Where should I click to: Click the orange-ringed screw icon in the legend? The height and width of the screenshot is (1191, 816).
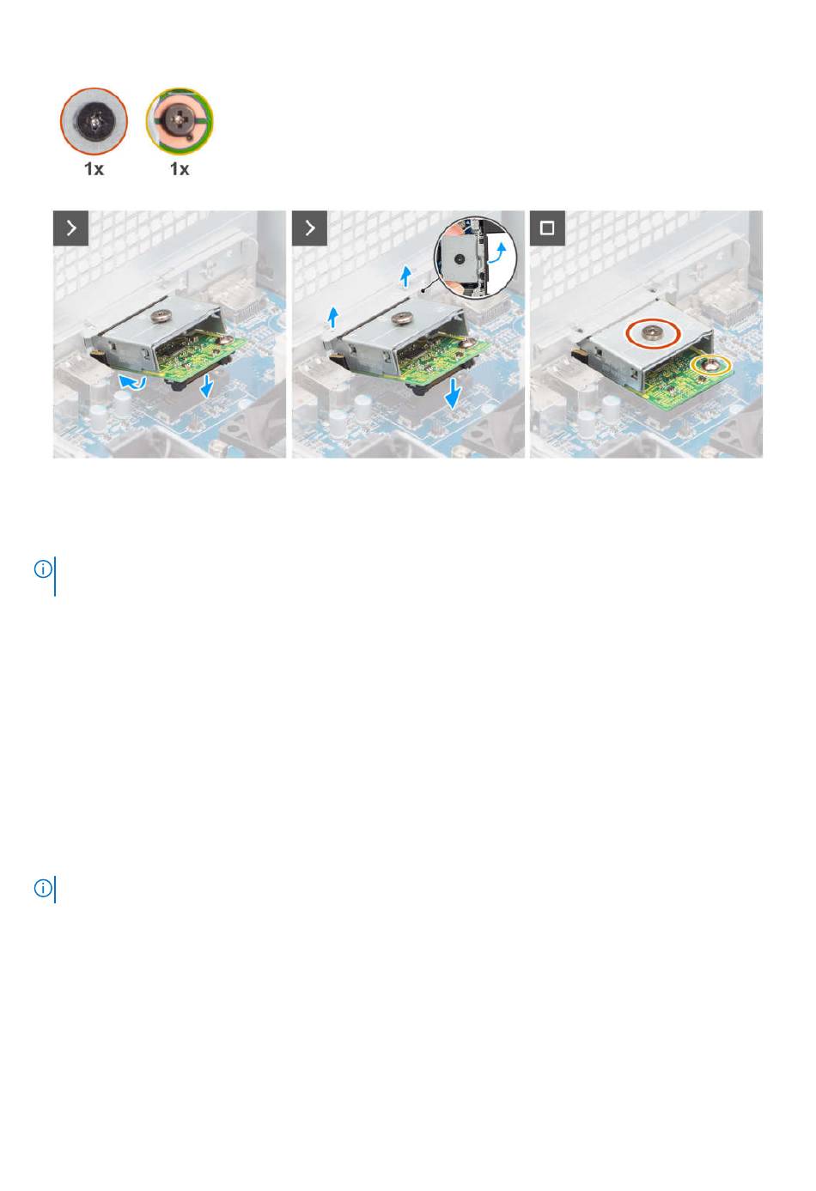[94, 121]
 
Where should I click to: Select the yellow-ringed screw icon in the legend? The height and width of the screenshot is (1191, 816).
[180, 121]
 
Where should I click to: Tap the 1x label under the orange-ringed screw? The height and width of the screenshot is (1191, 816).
[94, 169]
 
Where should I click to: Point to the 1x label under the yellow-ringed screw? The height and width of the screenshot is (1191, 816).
[180, 169]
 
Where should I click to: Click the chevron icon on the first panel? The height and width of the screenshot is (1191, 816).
[70, 228]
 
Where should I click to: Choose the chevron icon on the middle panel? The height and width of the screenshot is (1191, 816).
[309, 228]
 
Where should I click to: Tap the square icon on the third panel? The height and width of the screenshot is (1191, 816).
[547, 228]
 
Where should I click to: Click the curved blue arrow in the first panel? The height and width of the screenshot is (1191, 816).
[131, 382]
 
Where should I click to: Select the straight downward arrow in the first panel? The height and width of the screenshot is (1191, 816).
[206, 385]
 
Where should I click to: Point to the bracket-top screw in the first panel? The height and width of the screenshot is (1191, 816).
[160, 316]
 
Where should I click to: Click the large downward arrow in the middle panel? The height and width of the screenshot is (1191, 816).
[453, 394]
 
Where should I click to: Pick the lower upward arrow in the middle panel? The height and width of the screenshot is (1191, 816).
[333, 318]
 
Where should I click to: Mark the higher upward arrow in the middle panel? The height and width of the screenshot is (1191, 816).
[406, 276]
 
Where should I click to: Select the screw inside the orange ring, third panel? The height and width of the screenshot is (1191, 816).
[652, 333]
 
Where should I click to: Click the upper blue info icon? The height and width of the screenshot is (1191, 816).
[43, 569]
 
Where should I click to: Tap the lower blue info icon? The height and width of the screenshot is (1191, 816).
[43, 889]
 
